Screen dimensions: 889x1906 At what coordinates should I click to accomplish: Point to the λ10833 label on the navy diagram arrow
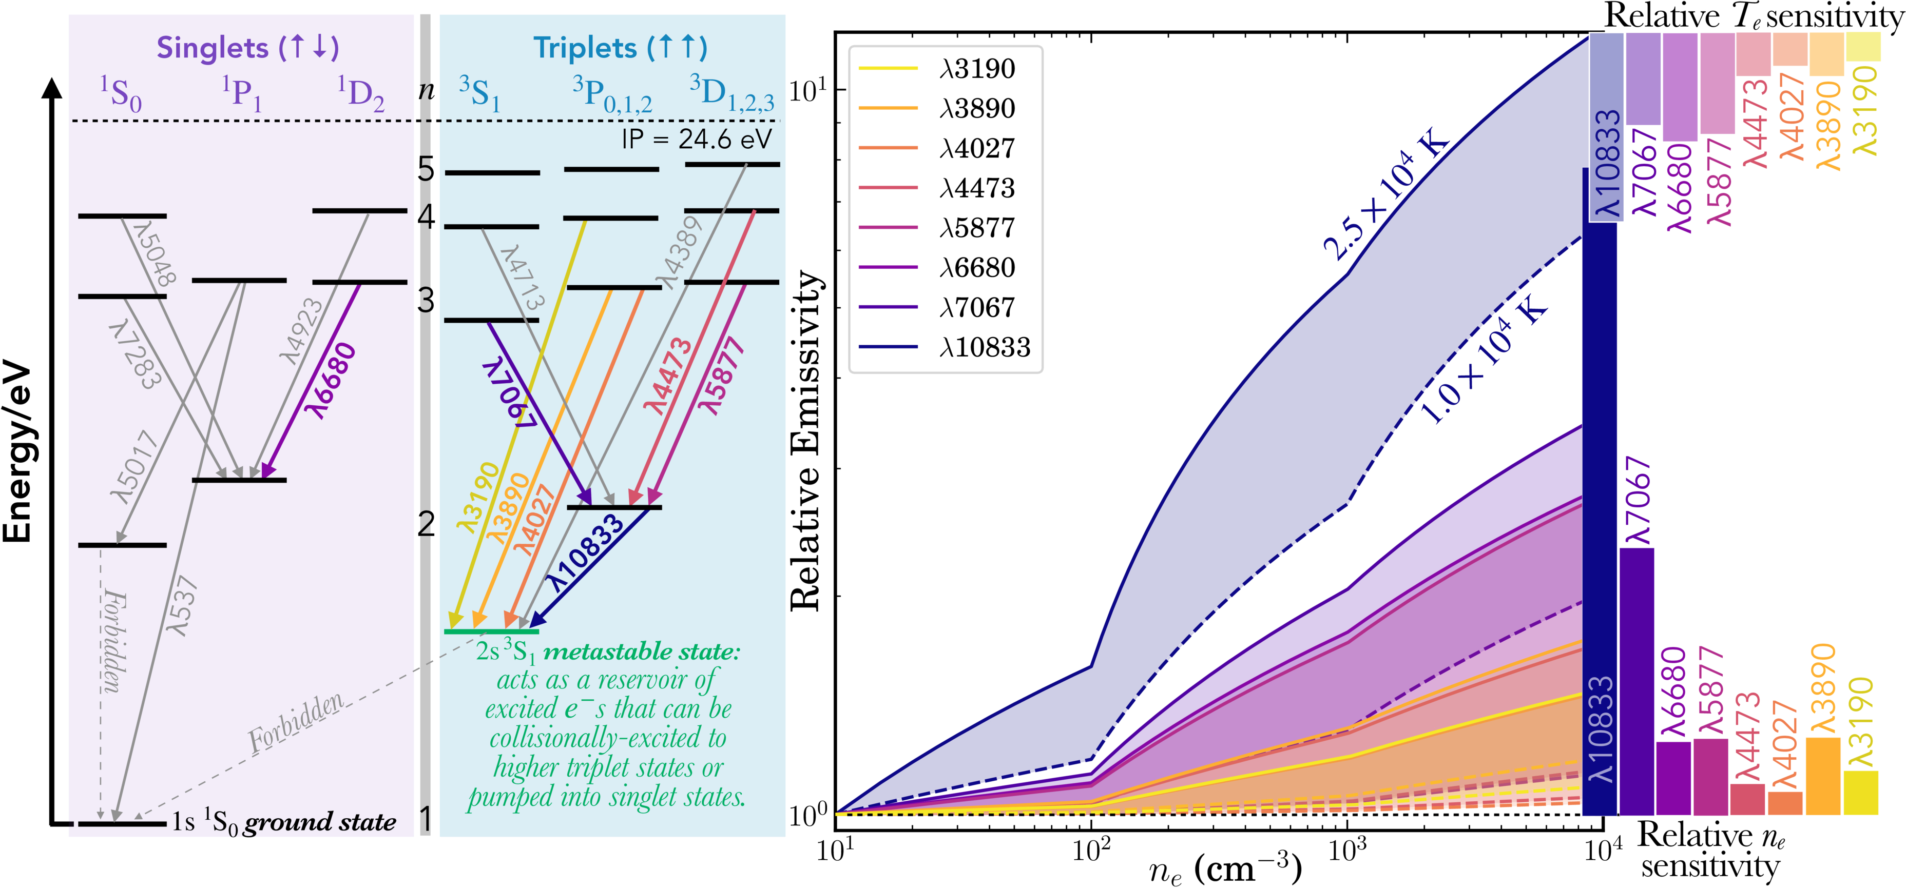(x=587, y=553)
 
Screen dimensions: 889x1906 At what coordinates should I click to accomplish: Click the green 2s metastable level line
(x=491, y=631)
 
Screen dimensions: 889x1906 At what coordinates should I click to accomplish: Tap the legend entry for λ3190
(x=977, y=69)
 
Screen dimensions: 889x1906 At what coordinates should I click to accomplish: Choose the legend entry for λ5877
(x=977, y=228)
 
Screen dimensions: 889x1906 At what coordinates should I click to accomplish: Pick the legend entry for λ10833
(x=984, y=348)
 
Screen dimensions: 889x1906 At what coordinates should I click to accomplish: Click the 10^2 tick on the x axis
(x=1091, y=851)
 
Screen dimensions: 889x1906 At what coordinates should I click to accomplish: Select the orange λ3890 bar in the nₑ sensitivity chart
(x=1822, y=777)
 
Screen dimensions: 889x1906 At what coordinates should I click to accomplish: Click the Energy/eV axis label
(x=18, y=451)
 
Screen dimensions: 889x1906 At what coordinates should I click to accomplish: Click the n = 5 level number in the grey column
(x=426, y=169)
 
